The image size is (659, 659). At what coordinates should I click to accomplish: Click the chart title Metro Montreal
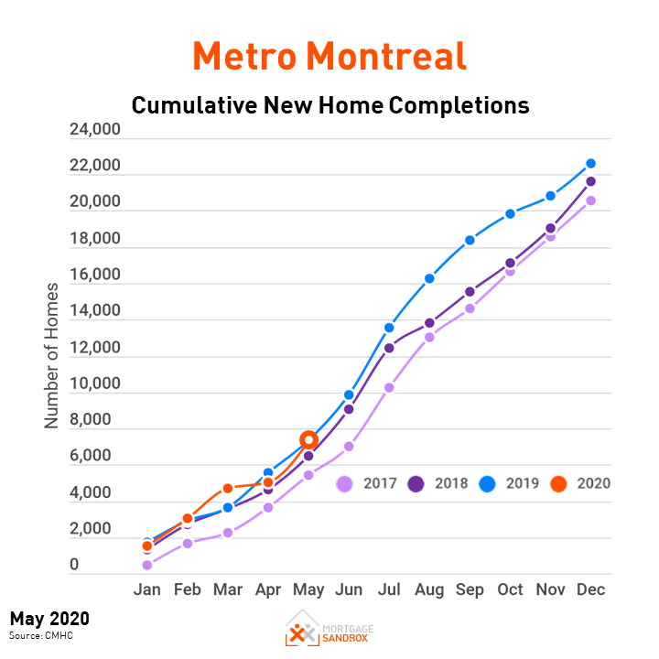click(329, 57)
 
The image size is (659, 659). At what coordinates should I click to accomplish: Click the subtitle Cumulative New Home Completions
click(329, 105)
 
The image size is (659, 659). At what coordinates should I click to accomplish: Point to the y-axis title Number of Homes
click(52, 355)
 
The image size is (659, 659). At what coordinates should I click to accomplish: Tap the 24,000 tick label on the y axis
click(95, 131)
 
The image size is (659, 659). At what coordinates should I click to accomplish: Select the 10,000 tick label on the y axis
click(95, 384)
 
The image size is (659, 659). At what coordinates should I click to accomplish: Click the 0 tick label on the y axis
click(76, 566)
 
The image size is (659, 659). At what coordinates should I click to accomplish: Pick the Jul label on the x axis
click(389, 590)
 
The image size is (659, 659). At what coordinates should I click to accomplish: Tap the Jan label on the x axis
click(147, 590)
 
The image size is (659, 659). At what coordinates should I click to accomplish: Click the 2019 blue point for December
click(591, 164)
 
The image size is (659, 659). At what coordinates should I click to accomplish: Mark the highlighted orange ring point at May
click(308, 440)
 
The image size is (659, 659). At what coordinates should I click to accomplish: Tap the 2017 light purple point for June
click(349, 447)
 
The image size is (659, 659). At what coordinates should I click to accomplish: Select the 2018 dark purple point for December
click(591, 181)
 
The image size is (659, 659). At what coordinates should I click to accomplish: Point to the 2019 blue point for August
click(429, 278)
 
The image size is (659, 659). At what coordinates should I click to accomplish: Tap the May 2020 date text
click(49, 619)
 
